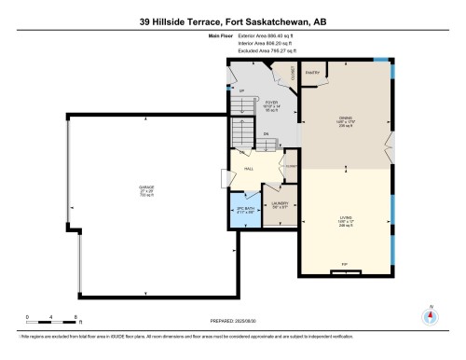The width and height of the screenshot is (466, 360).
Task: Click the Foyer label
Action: (272, 105)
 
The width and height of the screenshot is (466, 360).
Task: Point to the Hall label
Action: (250, 169)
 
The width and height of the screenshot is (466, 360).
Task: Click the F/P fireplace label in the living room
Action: (344, 265)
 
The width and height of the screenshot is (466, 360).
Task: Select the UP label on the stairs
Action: (240, 92)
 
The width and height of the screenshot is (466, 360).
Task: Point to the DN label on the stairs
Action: (266, 134)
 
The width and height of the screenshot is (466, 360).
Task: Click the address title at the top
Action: (233, 20)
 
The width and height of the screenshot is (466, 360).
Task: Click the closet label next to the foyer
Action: (293, 72)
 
